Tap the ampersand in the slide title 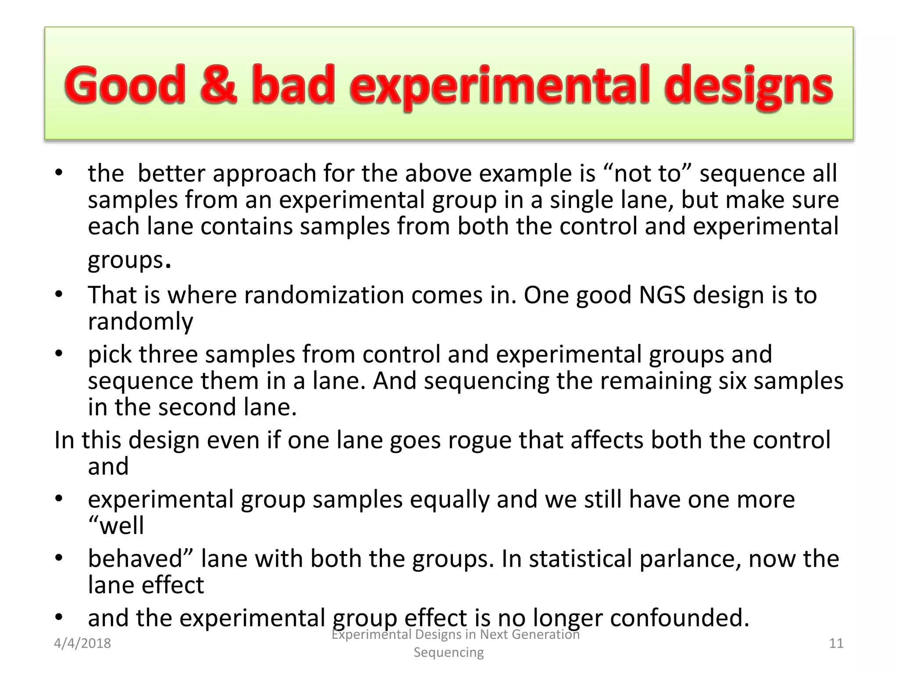(218, 85)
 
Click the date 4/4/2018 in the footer (82, 643)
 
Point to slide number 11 (836, 643)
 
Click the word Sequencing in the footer (449, 652)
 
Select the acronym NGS (662, 295)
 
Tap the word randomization (324, 295)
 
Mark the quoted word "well (116, 526)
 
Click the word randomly (140, 322)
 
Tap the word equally (449, 499)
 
